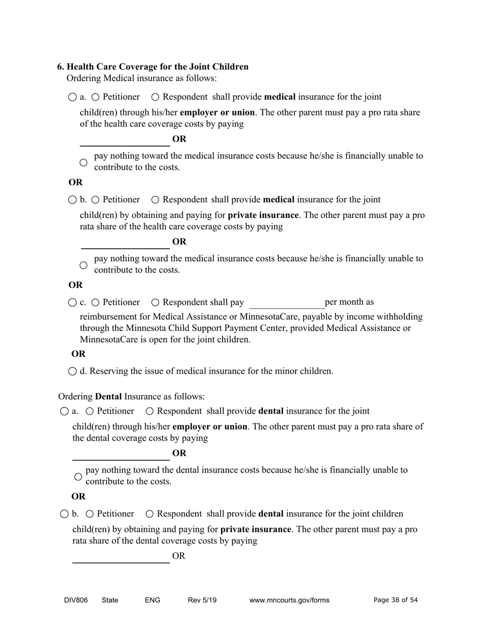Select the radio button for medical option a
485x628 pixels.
pos(72,97)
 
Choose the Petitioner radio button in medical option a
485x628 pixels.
pos(95,97)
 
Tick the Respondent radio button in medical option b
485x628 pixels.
pos(156,200)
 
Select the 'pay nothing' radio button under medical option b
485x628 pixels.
pos(84,265)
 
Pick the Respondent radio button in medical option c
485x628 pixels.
pos(156,303)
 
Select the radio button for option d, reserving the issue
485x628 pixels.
pos(72,371)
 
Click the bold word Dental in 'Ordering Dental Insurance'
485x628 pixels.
pos(108,397)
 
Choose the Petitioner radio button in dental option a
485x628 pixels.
pos(90,411)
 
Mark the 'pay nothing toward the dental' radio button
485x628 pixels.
pos(78,477)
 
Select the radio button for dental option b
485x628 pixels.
pos(64,514)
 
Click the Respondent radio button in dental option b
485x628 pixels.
pos(150,514)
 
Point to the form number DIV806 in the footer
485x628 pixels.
pos(76,600)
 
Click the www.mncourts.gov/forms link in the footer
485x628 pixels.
pos(289,600)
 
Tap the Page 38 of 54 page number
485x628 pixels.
pos(396,600)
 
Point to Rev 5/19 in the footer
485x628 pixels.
pos(202,600)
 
